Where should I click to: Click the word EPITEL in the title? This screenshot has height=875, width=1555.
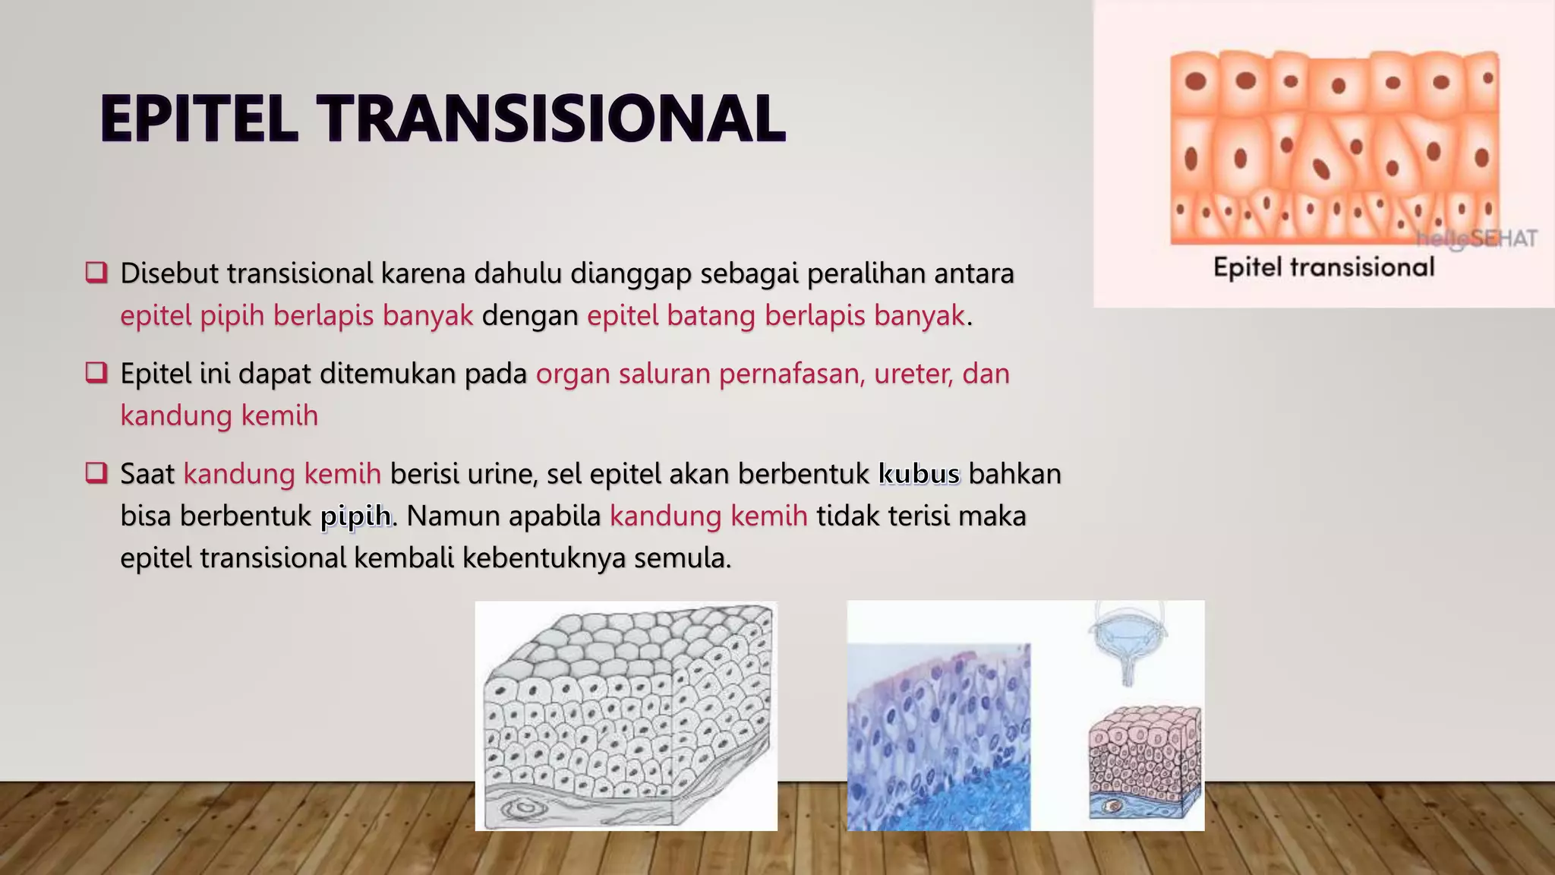tap(199, 118)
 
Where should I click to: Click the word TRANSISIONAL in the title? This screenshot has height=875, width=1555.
tap(551, 118)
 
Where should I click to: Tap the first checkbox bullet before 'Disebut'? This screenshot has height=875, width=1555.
tap(96, 272)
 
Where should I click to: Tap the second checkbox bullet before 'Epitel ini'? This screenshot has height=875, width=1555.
tap(96, 372)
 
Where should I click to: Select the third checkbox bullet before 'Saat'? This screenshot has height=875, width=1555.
tap(96, 472)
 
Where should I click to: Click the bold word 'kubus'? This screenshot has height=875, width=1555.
tap(919, 474)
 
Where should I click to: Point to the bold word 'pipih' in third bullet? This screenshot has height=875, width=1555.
tap(355, 516)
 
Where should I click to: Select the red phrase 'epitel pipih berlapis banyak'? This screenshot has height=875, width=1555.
tap(296, 315)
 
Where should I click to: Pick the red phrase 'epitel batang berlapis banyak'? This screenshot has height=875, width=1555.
tap(775, 315)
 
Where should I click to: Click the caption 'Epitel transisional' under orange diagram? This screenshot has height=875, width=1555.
tap(1323, 267)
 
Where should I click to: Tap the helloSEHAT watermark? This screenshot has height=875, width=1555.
tap(1477, 238)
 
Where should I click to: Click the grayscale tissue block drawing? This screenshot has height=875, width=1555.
tap(626, 715)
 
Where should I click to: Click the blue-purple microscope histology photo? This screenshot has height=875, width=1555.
tap(938, 737)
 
